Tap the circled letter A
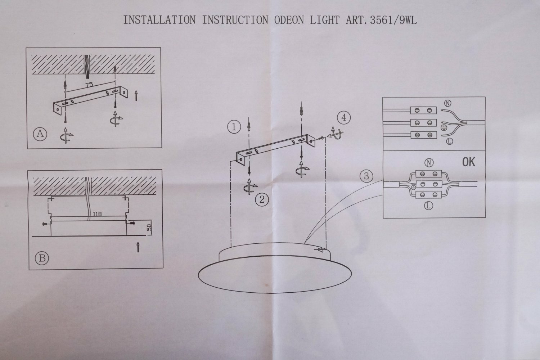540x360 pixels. pyautogui.click(x=40, y=134)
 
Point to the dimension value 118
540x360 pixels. pyautogui.click(x=97, y=214)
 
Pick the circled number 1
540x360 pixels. pyautogui.click(x=234, y=127)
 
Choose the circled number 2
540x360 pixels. pyautogui.click(x=262, y=199)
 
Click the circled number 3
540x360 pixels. pyautogui.click(x=366, y=176)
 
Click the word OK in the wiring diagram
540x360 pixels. pyautogui.click(x=468, y=162)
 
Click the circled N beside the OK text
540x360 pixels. pyautogui.click(x=428, y=163)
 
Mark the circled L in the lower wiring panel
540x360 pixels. pyautogui.click(x=428, y=206)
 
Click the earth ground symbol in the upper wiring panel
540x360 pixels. pyautogui.click(x=444, y=127)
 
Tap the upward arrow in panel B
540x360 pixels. pyautogui.click(x=138, y=247)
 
